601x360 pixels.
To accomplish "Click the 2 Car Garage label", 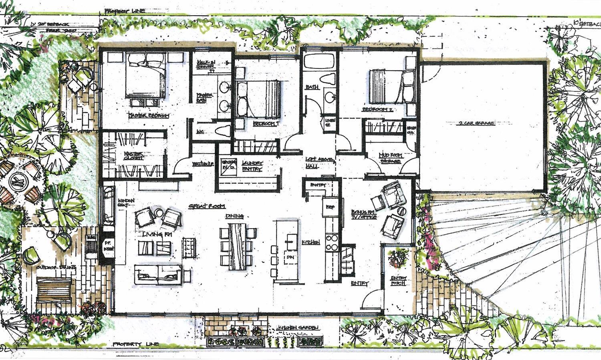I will [x=476, y=123].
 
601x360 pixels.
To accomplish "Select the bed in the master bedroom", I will [x=145, y=76].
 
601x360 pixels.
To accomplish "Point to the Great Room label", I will [x=207, y=206].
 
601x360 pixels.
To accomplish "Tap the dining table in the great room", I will [x=238, y=245].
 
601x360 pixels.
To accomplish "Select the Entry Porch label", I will [x=399, y=281].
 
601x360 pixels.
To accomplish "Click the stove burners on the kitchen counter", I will [x=332, y=241].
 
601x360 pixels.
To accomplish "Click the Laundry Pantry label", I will [x=252, y=166].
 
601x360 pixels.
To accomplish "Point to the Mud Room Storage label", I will [x=389, y=158].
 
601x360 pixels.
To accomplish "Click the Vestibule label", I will [x=199, y=164].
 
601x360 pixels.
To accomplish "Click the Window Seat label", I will [x=125, y=203].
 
